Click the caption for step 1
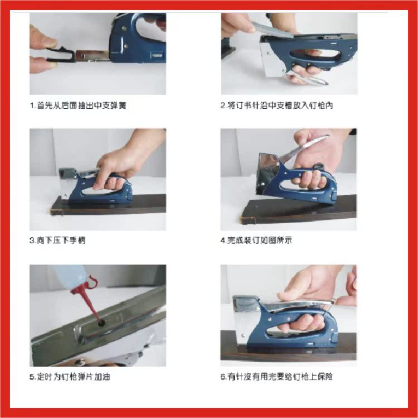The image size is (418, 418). click(78, 105)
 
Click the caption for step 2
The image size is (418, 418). click(276, 105)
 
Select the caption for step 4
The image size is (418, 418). click(256, 240)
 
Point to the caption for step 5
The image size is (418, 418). click(70, 377)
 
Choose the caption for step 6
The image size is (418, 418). click(276, 377)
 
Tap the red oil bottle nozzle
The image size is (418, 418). click(87, 297)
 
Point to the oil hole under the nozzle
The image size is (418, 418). click(101, 323)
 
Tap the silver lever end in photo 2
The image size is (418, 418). click(309, 78)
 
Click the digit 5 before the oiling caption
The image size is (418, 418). click(32, 377)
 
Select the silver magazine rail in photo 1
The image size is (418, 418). click(92, 55)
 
